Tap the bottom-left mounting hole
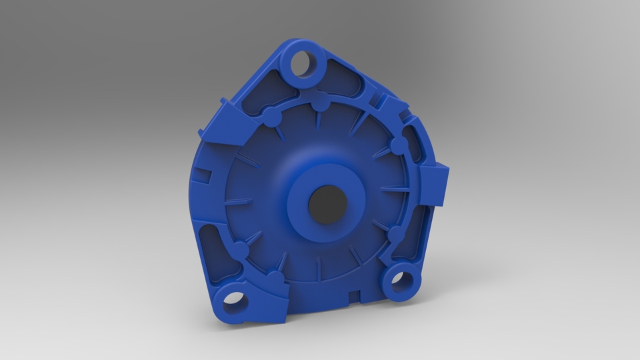235,302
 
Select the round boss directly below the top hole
321,105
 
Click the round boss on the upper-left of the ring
271,117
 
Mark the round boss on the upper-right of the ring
398,145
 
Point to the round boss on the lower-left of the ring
239,252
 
